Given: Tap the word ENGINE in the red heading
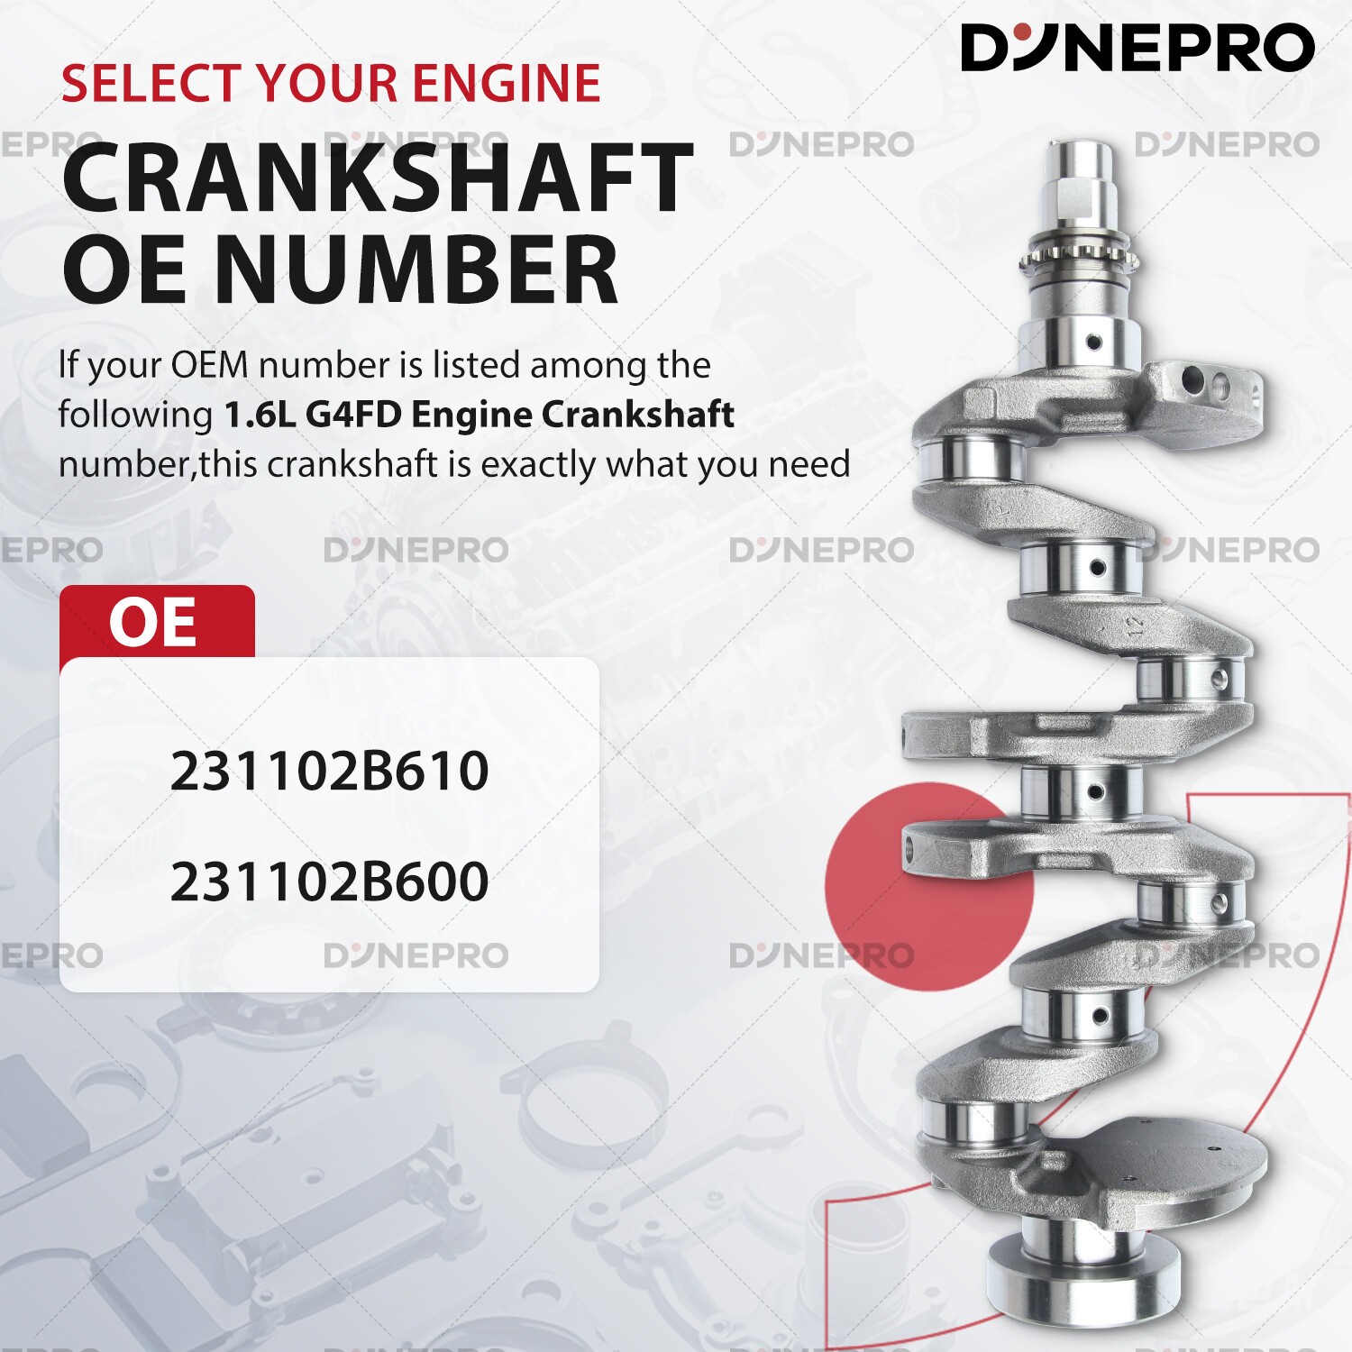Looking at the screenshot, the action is pos(507,84).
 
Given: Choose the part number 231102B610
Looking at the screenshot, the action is pos(329,771).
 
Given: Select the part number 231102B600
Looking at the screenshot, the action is pos(329,882).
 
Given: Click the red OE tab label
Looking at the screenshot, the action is pos(153,622).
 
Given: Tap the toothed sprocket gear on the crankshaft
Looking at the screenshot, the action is pos(1078,259).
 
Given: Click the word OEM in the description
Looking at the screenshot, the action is pos(210,366).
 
